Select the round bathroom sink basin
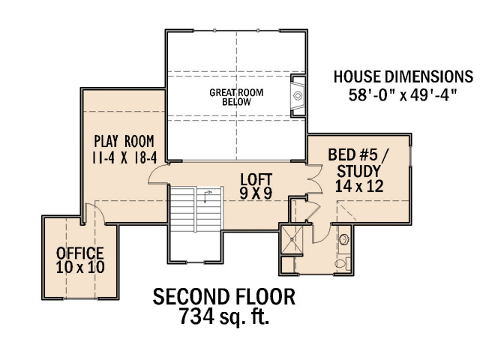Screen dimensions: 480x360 click(344, 240)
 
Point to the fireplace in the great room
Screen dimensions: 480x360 click(298, 95)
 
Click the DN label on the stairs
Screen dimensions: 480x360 click(209, 192)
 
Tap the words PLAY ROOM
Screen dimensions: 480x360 click(124, 142)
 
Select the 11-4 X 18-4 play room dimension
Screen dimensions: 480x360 click(124, 158)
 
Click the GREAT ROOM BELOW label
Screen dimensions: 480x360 click(236, 97)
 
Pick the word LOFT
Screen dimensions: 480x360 click(256, 180)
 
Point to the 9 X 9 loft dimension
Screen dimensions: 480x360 click(256, 193)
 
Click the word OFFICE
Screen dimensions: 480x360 click(80, 253)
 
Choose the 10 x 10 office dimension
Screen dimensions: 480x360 click(80, 267)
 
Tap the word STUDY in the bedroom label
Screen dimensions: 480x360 click(358, 171)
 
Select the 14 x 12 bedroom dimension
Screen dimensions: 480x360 click(359, 186)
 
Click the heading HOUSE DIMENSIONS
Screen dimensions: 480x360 click(403, 76)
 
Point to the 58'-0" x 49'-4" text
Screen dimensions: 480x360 click(403, 95)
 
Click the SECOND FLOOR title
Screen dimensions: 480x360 click(224, 297)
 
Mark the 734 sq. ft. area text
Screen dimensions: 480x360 click(224, 316)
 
